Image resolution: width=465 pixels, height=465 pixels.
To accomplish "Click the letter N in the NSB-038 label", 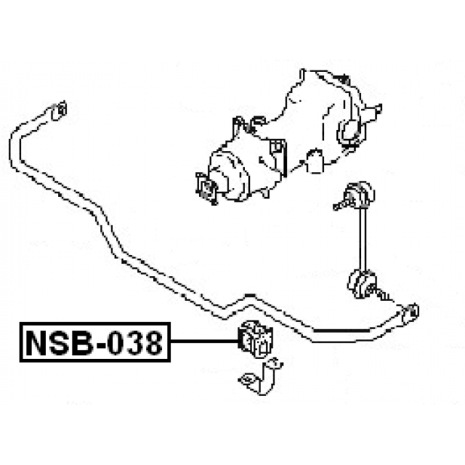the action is [37, 343].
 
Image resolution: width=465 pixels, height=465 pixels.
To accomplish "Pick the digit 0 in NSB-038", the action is [116, 343].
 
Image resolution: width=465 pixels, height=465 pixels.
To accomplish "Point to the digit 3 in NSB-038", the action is [135, 343].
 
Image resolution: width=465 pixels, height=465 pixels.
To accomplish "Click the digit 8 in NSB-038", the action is [153, 343].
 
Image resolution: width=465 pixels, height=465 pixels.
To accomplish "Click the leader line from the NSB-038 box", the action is [205, 341].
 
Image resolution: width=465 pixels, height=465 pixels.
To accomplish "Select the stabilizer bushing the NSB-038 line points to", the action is [255, 339].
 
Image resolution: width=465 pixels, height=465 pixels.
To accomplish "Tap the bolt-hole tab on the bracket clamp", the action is [247, 379].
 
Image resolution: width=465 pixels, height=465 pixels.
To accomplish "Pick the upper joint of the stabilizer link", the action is [360, 194].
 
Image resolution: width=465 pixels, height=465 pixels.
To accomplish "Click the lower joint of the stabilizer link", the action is [362, 284].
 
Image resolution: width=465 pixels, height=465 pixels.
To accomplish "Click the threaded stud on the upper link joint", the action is [340, 206].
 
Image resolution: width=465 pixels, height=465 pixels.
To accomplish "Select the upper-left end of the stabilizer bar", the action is [59, 110].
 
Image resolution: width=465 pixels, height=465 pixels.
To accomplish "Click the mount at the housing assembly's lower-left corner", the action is [206, 188].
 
